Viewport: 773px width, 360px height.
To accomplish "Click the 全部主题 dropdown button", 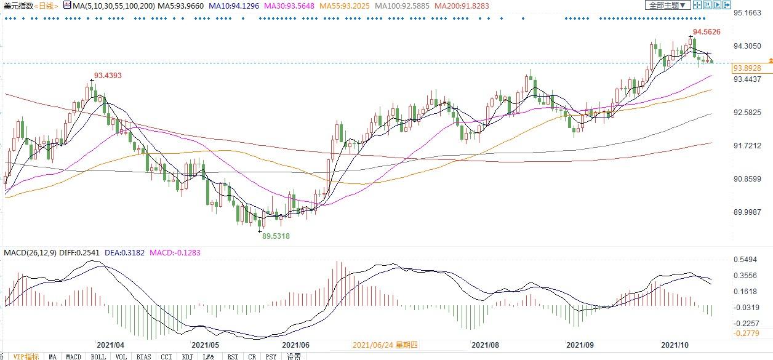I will click(x=666, y=6).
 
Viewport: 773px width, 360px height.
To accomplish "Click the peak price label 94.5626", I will click(x=707, y=31).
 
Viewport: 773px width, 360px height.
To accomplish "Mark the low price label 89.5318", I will click(x=276, y=236).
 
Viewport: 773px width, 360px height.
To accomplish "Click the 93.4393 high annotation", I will click(x=108, y=76).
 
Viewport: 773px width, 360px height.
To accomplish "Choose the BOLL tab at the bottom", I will click(x=98, y=356).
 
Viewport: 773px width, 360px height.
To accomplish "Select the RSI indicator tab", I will click(x=233, y=356).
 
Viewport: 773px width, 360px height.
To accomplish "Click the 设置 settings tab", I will click(x=294, y=356).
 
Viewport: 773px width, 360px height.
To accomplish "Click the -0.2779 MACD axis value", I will click(x=747, y=333).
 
